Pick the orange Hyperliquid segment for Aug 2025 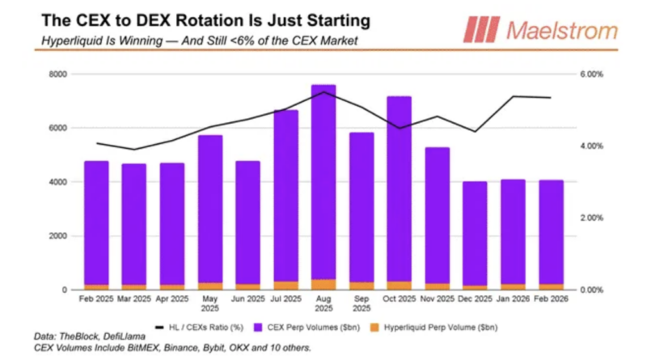pos(323,285)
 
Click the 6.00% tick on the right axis pos(592,74)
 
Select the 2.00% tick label pos(592,218)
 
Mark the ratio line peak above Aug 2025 pos(323,92)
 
